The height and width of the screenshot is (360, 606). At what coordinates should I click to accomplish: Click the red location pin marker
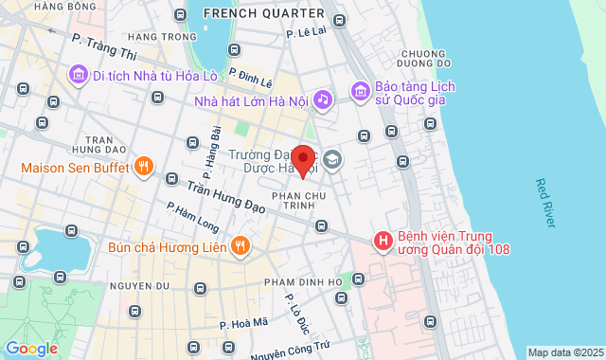click(x=302, y=161)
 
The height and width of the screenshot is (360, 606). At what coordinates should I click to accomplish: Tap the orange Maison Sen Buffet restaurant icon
click(x=144, y=168)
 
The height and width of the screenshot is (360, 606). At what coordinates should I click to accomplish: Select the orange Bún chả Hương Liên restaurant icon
click(x=241, y=246)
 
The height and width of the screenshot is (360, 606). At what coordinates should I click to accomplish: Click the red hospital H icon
click(x=383, y=242)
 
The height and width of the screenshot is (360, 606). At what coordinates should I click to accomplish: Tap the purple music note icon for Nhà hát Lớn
click(x=323, y=99)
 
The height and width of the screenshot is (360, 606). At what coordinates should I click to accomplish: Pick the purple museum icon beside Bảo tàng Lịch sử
click(x=360, y=92)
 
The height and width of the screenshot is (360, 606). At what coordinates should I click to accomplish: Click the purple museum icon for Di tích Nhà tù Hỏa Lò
click(x=78, y=73)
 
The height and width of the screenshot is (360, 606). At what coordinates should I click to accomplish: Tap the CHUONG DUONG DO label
click(x=423, y=59)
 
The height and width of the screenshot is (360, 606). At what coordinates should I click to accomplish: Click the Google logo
click(x=31, y=348)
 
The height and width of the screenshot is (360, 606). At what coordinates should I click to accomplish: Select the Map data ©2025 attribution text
click(x=564, y=352)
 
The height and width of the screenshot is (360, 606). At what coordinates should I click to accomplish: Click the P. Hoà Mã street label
click(x=245, y=323)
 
